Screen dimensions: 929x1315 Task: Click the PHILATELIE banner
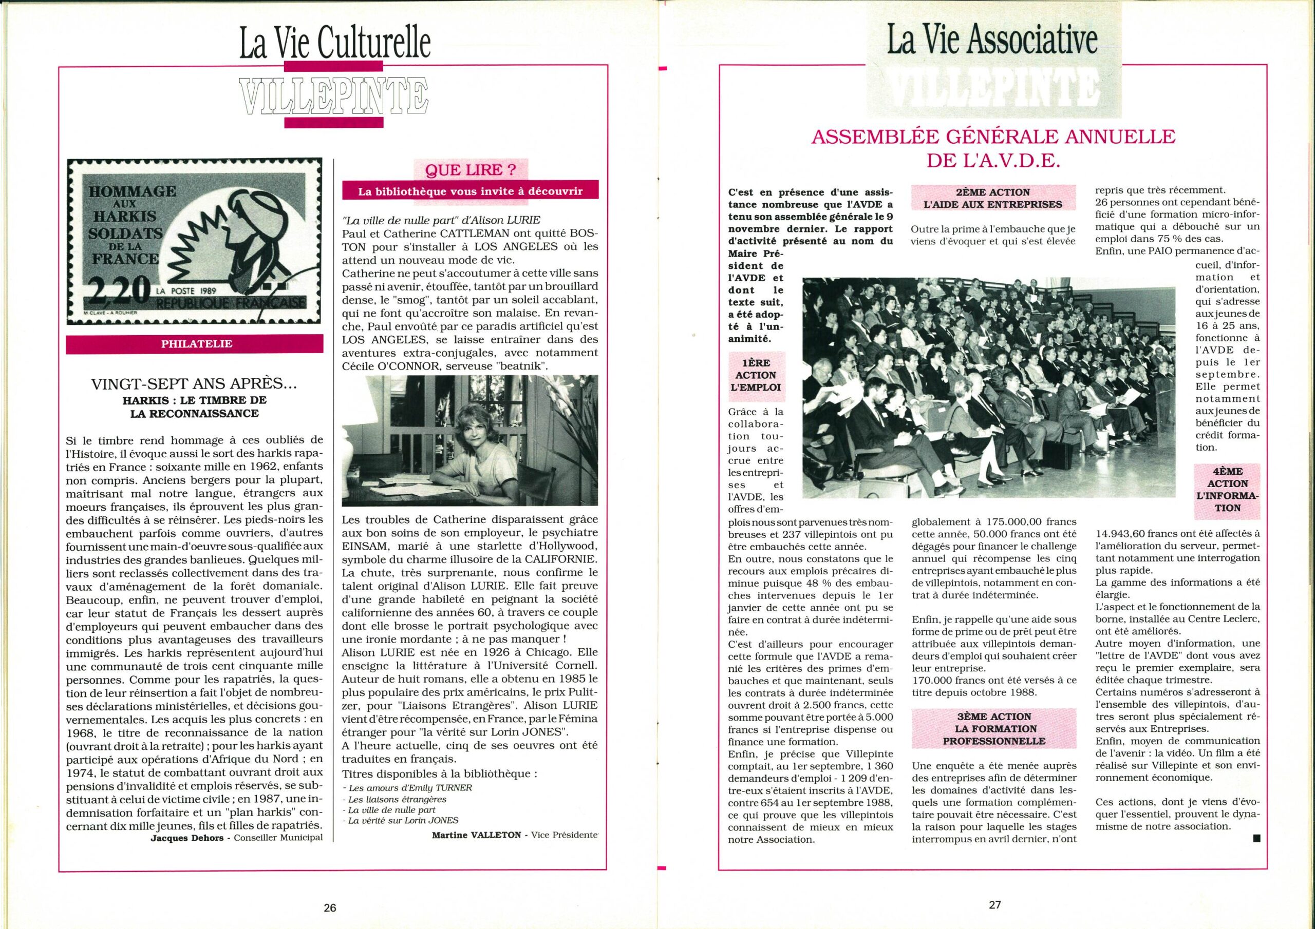coord(196,344)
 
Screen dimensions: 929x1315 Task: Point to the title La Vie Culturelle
coord(334,46)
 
